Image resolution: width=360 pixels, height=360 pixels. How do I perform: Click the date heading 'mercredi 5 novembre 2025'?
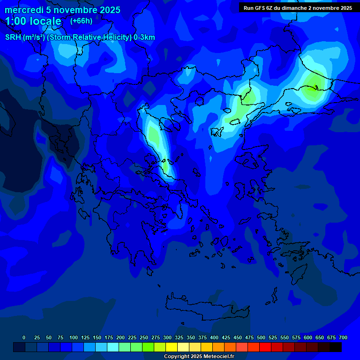pos(62,10)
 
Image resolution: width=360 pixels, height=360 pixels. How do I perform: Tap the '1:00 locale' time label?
pos(33,21)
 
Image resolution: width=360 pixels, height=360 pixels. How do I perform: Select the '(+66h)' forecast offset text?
pos(81,21)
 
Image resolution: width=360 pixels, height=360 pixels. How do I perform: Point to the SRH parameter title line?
pos(80,37)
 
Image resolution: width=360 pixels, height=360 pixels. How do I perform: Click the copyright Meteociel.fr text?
pos(199,357)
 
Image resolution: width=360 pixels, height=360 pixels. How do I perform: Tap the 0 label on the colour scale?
pos(24,337)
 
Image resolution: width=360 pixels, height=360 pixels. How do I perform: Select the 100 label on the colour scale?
pos(74,337)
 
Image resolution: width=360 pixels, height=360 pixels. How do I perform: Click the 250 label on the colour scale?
pos(144,337)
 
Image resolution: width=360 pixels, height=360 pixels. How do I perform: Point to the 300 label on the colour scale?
pos(167,337)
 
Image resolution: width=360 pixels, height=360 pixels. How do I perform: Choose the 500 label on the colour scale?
pos(261,337)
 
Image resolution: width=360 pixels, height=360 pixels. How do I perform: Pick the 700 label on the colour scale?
pos(343,337)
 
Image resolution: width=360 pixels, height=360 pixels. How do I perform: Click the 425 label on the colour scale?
pos(226,337)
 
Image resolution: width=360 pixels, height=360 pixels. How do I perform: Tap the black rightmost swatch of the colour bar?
pos(336,347)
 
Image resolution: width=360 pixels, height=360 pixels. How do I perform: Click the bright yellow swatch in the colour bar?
pos(172,347)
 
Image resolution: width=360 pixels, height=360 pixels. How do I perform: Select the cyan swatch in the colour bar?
pos(113,347)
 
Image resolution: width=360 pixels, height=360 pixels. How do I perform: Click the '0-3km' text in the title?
pos(144,37)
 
